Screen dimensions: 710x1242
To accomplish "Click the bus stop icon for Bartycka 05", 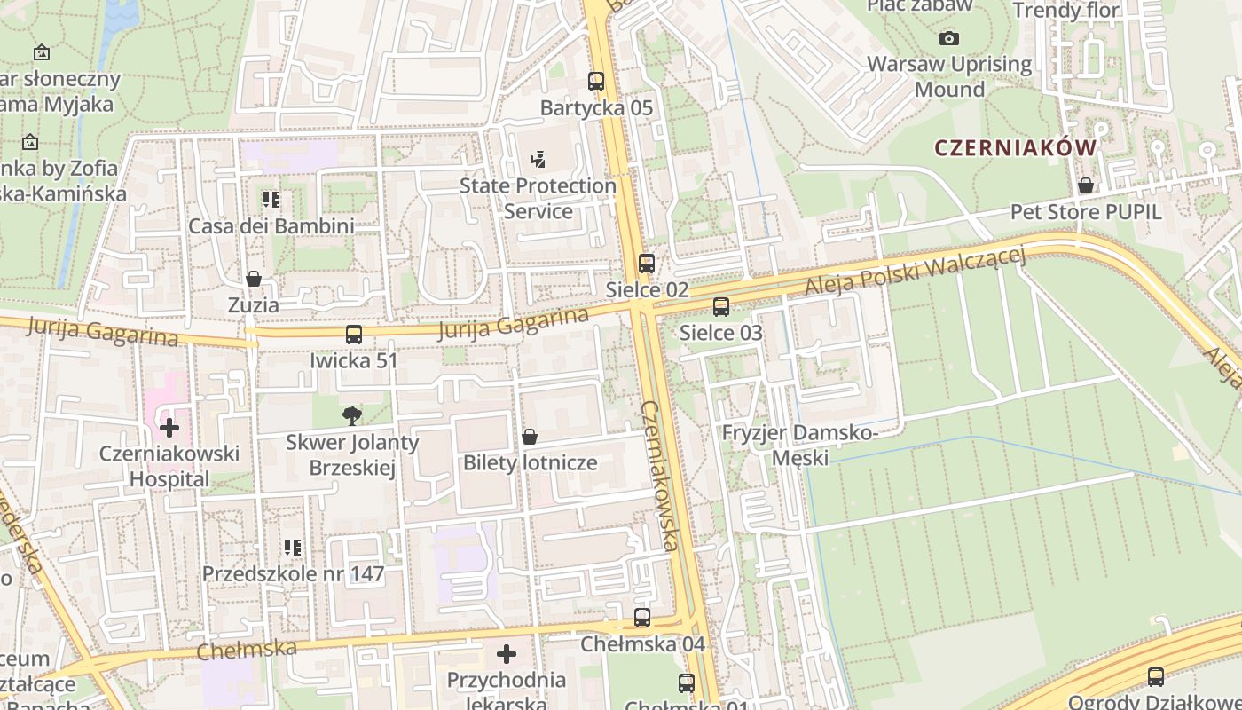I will pos(596,82).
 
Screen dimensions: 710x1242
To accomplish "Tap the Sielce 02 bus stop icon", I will pos(647,264).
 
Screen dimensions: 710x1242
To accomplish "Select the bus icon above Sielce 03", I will pos(721,307).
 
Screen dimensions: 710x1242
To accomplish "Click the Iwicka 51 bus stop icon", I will pos(354,335).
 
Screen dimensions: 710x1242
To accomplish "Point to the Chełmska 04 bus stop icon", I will pos(642,618).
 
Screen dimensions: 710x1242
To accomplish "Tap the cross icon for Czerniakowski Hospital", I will pos(169,428).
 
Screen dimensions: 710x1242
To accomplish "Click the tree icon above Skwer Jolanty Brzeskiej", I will pos(352,415).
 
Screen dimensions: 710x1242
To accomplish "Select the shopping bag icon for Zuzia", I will pos(254,279).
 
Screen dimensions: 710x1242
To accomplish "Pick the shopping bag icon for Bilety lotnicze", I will pos(530,437).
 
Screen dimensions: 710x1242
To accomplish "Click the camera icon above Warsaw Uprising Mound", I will pos(949,38).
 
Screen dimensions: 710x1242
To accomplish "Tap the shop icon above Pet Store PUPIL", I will pos(1085,186).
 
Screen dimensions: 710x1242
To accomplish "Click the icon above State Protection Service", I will pos(537,160).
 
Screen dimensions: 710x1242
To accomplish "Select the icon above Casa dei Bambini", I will pos(271,200).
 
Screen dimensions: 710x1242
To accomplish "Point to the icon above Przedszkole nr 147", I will pos(293,548).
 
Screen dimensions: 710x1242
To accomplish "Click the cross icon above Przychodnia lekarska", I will pos(507,654).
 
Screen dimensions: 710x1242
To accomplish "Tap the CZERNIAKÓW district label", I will pos(1015,148).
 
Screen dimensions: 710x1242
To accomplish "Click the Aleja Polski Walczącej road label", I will pos(915,272).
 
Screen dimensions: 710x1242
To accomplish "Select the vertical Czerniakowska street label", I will pos(659,475).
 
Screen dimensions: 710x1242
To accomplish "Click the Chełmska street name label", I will pos(247,649).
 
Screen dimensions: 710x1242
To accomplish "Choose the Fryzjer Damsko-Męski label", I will pos(799,445).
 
